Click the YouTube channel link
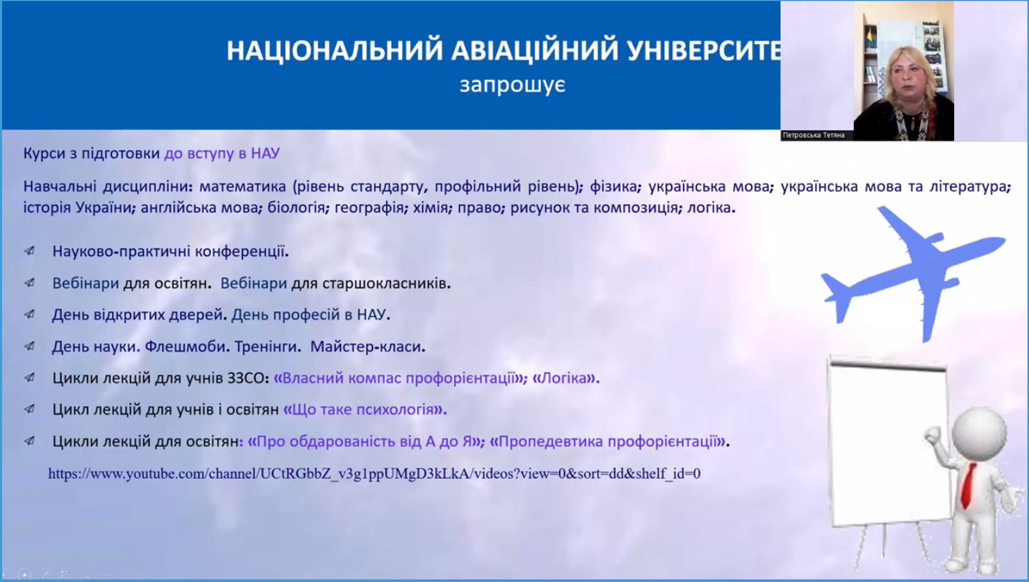374,474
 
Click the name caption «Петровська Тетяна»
813,135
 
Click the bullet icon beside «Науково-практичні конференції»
30,251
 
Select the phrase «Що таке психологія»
365,409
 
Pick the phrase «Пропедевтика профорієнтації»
607,441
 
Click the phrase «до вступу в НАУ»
222,153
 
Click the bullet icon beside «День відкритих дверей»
30,314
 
